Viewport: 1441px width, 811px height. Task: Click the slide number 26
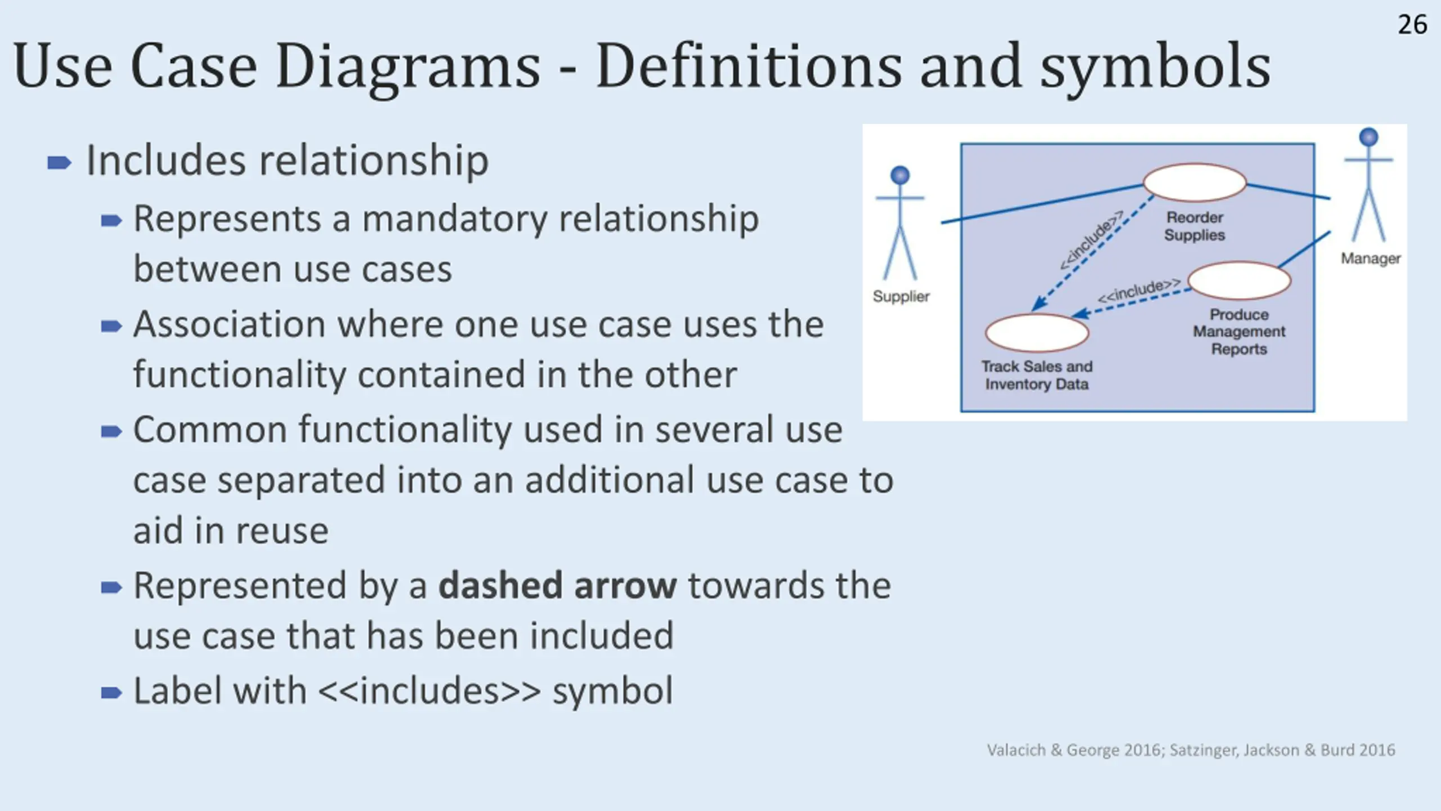(x=1412, y=25)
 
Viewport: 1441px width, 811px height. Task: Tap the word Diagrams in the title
(x=408, y=66)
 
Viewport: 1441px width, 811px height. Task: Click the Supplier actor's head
(x=900, y=175)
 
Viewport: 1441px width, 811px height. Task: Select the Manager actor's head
(x=1368, y=137)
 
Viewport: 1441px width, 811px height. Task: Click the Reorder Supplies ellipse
(x=1194, y=182)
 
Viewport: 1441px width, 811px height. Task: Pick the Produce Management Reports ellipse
(x=1239, y=280)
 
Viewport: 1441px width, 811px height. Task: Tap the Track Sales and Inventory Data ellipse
(x=1037, y=332)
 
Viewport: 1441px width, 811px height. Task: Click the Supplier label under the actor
(x=901, y=296)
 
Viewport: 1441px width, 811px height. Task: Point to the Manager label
(x=1371, y=259)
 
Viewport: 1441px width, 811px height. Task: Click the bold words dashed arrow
(x=557, y=586)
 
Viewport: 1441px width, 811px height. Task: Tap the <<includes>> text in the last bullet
(x=429, y=691)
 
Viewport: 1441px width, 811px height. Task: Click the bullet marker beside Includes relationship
(x=59, y=163)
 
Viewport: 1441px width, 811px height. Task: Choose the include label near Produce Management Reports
(x=1139, y=291)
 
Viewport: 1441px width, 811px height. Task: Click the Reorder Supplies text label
(x=1194, y=226)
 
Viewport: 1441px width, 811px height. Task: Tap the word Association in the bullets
(x=229, y=325)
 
